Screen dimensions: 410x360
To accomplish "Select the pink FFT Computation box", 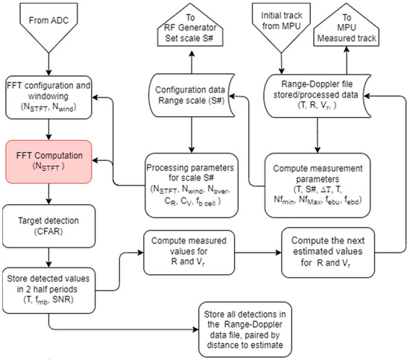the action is tap(48, 162).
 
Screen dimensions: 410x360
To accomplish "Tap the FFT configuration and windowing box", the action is tap(48, 97).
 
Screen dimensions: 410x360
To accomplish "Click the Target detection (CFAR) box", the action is tap(48, 226).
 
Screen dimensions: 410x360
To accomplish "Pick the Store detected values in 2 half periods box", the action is tap(48, 290).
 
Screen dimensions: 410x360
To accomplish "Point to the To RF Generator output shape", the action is tap(190, 25).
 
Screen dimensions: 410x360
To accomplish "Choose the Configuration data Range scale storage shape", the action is tap(192, 95).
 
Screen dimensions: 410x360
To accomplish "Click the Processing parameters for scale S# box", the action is tap(192, 185).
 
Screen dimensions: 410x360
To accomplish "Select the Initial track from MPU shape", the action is tap(281, 27).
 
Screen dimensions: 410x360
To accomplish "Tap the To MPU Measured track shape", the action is tap(347, 25).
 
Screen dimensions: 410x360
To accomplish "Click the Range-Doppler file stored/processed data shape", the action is tap(317, 95).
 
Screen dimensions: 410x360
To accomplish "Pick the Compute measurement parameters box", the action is tap(318, 185).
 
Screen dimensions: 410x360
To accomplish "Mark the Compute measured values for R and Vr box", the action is tap(189, 253).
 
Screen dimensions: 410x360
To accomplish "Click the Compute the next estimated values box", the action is tap(328, 253).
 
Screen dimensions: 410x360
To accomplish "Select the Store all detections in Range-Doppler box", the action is tap(245, 329).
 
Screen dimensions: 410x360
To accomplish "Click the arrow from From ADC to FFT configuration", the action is tap(48, 65).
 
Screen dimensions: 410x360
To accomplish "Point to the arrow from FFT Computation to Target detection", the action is tap(48, 194).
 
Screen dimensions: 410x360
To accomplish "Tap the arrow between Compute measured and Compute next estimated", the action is tap(258, 253).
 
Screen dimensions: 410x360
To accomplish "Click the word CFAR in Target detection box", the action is tap(48, 231).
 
